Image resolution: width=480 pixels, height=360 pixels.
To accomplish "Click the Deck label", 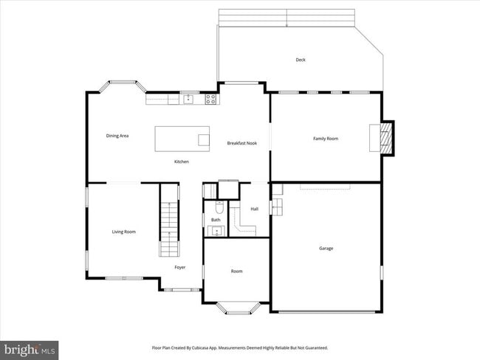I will point(301,60).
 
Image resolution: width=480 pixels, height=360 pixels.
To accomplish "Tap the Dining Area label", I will point(117,136).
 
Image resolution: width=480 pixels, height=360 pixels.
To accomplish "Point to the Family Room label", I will point(326,138).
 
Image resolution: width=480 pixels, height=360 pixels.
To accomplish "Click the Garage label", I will point(326,248).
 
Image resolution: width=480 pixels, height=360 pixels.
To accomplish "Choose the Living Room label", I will point(123,232).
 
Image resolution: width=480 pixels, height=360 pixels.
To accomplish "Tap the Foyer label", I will point(180,267).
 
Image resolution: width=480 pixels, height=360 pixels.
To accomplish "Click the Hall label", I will point(254,209).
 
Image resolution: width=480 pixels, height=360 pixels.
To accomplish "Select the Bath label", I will point(216,220).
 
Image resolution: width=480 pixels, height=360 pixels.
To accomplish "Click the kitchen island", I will point(182,138).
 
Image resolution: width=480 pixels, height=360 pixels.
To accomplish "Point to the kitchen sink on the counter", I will point(189,98).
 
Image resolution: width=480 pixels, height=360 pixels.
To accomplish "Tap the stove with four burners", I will point(211,98).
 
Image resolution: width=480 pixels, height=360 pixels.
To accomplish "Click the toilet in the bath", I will point(219,207).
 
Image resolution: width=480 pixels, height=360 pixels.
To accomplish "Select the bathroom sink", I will point(216,232).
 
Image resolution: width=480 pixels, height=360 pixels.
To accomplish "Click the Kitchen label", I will point(182,162).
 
